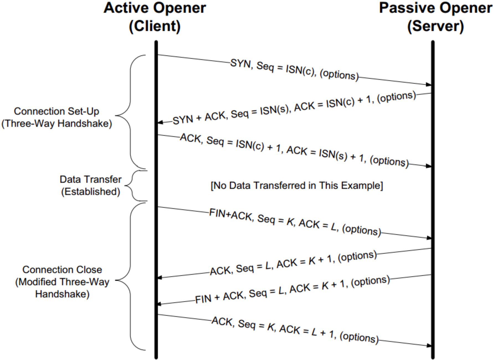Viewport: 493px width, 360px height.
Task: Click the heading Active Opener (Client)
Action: [155, 17]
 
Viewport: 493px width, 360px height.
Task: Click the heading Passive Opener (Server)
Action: [435, 17]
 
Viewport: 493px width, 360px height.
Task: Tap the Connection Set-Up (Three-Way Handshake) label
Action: [57, 117]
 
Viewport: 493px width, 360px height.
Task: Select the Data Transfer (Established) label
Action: [91, 186]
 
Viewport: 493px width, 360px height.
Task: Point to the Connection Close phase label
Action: [62, 282]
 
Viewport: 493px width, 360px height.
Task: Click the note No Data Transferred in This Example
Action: [297, 186]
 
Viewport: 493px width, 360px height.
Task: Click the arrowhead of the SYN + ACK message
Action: [160, 122]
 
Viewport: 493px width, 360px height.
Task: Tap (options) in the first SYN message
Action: [339, 75]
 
